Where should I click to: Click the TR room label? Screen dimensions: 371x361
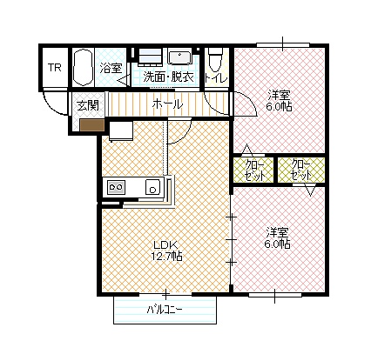[55, 68]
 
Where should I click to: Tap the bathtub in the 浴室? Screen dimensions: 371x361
[83, 67]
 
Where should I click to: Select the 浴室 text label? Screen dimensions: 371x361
[111, 68]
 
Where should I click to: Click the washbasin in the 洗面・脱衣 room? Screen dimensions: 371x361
[179, 57]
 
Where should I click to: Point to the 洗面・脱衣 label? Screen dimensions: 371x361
[169, 77]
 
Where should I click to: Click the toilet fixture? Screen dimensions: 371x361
[215, 59]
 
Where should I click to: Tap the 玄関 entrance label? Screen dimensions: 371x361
[88, 105]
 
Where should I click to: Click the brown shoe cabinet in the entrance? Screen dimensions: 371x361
[92, 125]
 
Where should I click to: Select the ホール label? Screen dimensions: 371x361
[167, 104]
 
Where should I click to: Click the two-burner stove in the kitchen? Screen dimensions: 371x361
[116, 187]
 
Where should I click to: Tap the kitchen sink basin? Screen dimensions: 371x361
[152, 187]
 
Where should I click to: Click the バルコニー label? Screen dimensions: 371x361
[165, 310]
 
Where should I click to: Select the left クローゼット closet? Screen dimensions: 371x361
[254, 170]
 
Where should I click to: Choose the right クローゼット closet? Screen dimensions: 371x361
[301, 170]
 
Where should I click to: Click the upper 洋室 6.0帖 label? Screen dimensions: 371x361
[279, 101]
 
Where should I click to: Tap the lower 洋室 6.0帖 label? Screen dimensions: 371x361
[277, 237]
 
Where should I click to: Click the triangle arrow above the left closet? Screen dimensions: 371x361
[247, 149]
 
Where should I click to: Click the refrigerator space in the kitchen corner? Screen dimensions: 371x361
[121, 130]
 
